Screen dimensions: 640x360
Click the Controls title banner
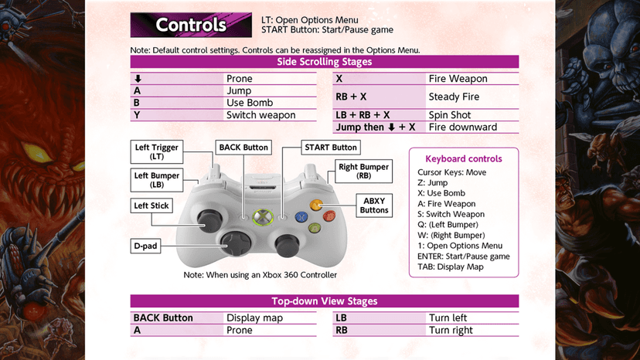point(191,25)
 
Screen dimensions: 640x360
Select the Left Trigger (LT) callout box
point(157,152)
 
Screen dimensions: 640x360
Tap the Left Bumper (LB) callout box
point(157,180)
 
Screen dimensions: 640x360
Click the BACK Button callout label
point(243,148)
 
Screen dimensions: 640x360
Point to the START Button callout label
point(331,148)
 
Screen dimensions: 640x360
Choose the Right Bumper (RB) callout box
point(364,172)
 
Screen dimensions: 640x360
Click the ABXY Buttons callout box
point(374,205)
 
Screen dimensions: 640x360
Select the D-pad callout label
point(146,246)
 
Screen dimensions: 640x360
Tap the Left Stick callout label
point(151,205)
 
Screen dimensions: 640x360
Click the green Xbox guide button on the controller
point(263,217)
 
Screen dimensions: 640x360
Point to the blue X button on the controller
point(301,216)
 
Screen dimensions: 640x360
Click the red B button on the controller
point(329,216)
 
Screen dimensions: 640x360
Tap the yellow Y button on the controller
point(316,205)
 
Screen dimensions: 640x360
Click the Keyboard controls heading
point(464,159)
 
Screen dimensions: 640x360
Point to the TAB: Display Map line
point(450,267)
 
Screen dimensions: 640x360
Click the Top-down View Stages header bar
point(325,301)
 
